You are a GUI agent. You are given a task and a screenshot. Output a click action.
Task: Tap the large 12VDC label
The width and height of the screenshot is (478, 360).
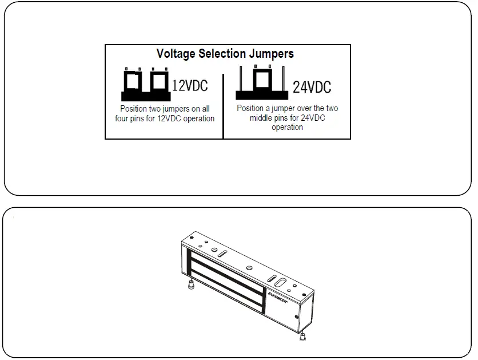(190, 86)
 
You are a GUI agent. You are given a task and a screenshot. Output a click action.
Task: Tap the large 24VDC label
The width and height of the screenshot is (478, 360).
(312, 88)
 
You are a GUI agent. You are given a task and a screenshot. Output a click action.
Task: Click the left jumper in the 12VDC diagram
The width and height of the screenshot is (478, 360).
(134, 81)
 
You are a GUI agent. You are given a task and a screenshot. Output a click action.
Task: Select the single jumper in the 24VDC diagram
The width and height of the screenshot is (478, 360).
(263, 80)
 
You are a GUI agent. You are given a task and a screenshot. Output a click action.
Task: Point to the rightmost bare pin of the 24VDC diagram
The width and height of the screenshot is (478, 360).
(284, 78)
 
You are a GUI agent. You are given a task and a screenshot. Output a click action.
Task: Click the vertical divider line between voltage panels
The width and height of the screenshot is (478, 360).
(223, 105)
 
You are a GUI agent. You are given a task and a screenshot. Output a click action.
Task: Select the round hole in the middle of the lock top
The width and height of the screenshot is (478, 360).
(248, 267)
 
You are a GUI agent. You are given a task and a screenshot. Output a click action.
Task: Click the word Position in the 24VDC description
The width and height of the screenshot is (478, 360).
(250, 108)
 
